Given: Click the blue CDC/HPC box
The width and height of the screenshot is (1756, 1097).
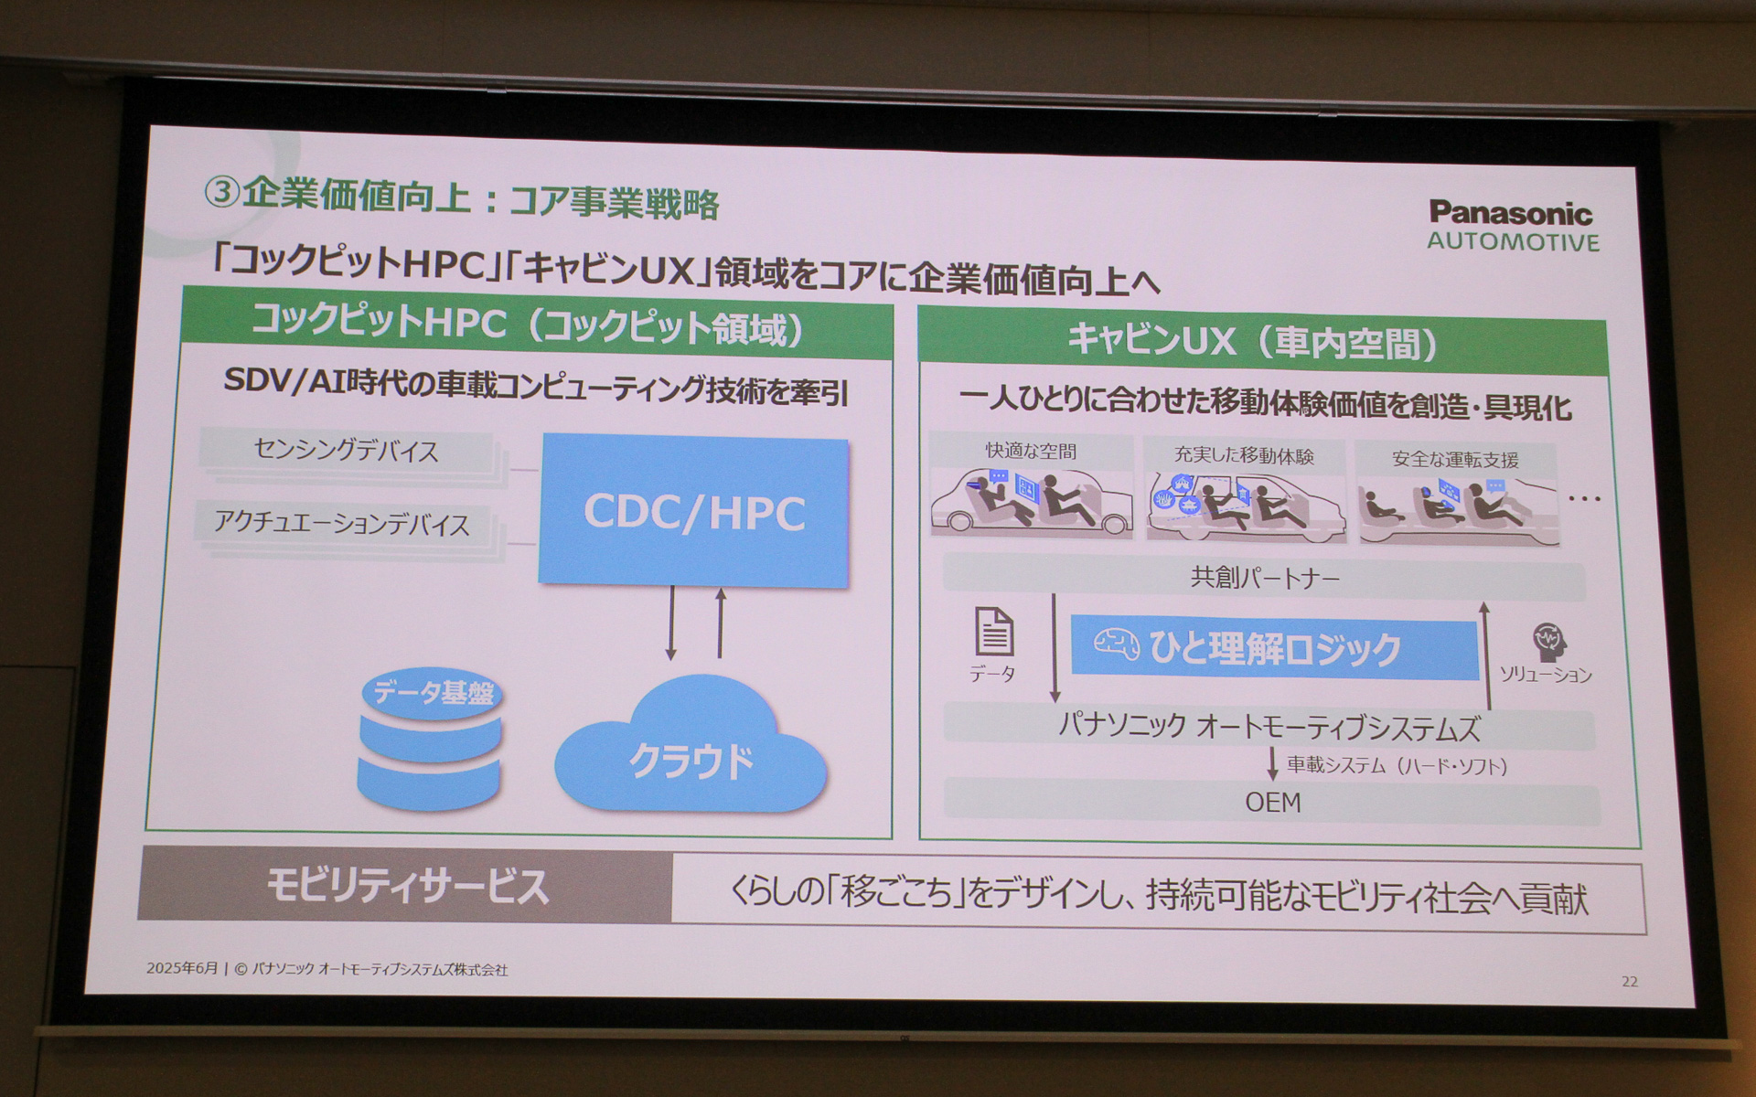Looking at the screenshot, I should (693, 512).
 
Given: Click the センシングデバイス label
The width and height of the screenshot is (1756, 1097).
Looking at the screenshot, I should (346, 451).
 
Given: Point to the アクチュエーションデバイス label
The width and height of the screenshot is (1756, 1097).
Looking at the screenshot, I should (341, 524).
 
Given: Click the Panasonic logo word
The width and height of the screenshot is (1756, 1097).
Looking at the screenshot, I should (1510, 213).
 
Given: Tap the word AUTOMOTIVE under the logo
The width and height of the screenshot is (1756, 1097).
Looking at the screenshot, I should (1513, 242).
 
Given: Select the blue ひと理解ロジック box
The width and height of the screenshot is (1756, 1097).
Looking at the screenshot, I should (1273, 649).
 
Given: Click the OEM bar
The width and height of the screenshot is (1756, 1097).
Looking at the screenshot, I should (1272, 803).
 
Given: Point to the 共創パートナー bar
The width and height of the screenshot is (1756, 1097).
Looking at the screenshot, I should (1264, 578).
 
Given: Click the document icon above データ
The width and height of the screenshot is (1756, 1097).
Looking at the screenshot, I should (994, 632).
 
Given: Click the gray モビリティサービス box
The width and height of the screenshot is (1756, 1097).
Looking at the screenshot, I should (406, 886).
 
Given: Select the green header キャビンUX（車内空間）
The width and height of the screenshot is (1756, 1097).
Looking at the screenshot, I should (1261, 342).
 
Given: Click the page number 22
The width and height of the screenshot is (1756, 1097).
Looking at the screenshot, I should (1629, 982).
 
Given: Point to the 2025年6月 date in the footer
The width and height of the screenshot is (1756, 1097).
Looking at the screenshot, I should (182, 968).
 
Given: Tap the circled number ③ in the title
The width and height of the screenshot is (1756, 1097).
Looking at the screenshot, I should (220, 193).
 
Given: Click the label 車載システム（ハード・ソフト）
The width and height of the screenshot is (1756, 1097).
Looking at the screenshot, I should (1397, 766).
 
